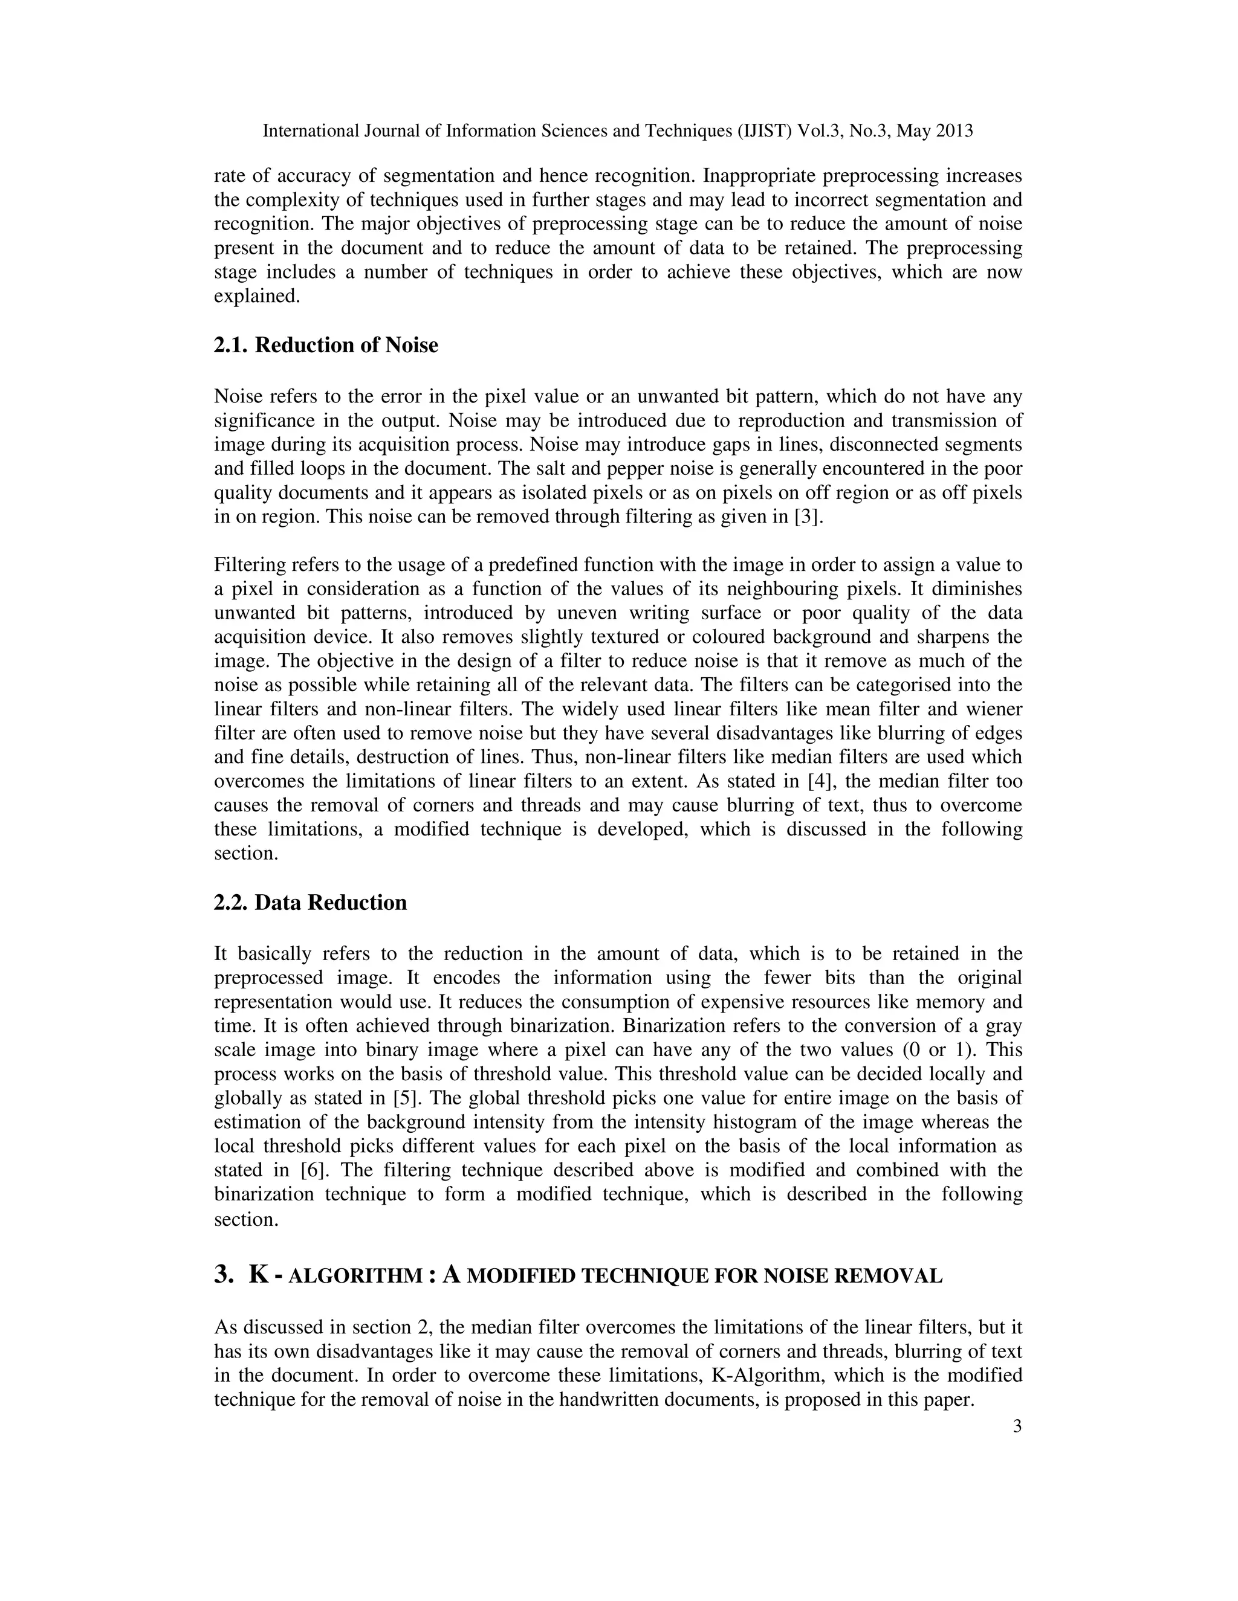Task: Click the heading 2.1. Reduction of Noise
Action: (x=326, y=344)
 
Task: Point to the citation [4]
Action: (x=818, y=781)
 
